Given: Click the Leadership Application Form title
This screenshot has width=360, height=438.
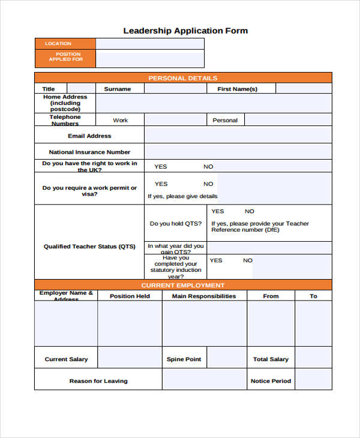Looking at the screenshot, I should [x=185, y=31].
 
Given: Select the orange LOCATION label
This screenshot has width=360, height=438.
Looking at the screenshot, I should [x=58, y=44].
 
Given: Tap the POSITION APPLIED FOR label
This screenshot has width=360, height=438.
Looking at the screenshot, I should [x=65, y=57].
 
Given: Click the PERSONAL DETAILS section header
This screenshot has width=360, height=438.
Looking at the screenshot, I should [x=182, y=79].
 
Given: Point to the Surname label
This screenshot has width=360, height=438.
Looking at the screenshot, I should [x=117, y=89].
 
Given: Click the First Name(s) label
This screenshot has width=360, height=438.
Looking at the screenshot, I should [x=237, y=89].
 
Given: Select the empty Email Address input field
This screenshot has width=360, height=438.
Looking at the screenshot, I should [x=238, y=135].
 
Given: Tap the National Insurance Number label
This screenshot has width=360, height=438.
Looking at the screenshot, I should [x=89, y=152].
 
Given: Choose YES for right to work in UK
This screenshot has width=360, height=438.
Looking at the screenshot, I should [x=161, y=167].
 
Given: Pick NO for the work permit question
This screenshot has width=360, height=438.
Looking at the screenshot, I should [x=208, y=184].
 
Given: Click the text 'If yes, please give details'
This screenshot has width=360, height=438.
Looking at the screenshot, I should [x=182, y=196].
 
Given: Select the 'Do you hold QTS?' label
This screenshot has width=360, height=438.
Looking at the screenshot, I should [x=175, y=224].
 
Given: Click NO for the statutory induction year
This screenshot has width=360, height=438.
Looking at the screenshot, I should [x=248, y=260].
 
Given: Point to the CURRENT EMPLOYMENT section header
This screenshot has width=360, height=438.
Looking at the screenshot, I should [x=182, y=286].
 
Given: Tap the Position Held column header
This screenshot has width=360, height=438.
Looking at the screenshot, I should [x=130, y=296].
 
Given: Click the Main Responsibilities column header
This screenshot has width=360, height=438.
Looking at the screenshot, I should [x=204, y=296].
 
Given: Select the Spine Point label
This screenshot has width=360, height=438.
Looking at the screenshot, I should [x=184, y=359].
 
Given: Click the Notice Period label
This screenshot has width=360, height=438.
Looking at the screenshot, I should [x=271, y=380].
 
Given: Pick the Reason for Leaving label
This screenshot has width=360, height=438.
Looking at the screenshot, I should [x=98, y=380].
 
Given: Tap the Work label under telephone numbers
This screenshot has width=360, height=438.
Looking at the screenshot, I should [x=121, y=121].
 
